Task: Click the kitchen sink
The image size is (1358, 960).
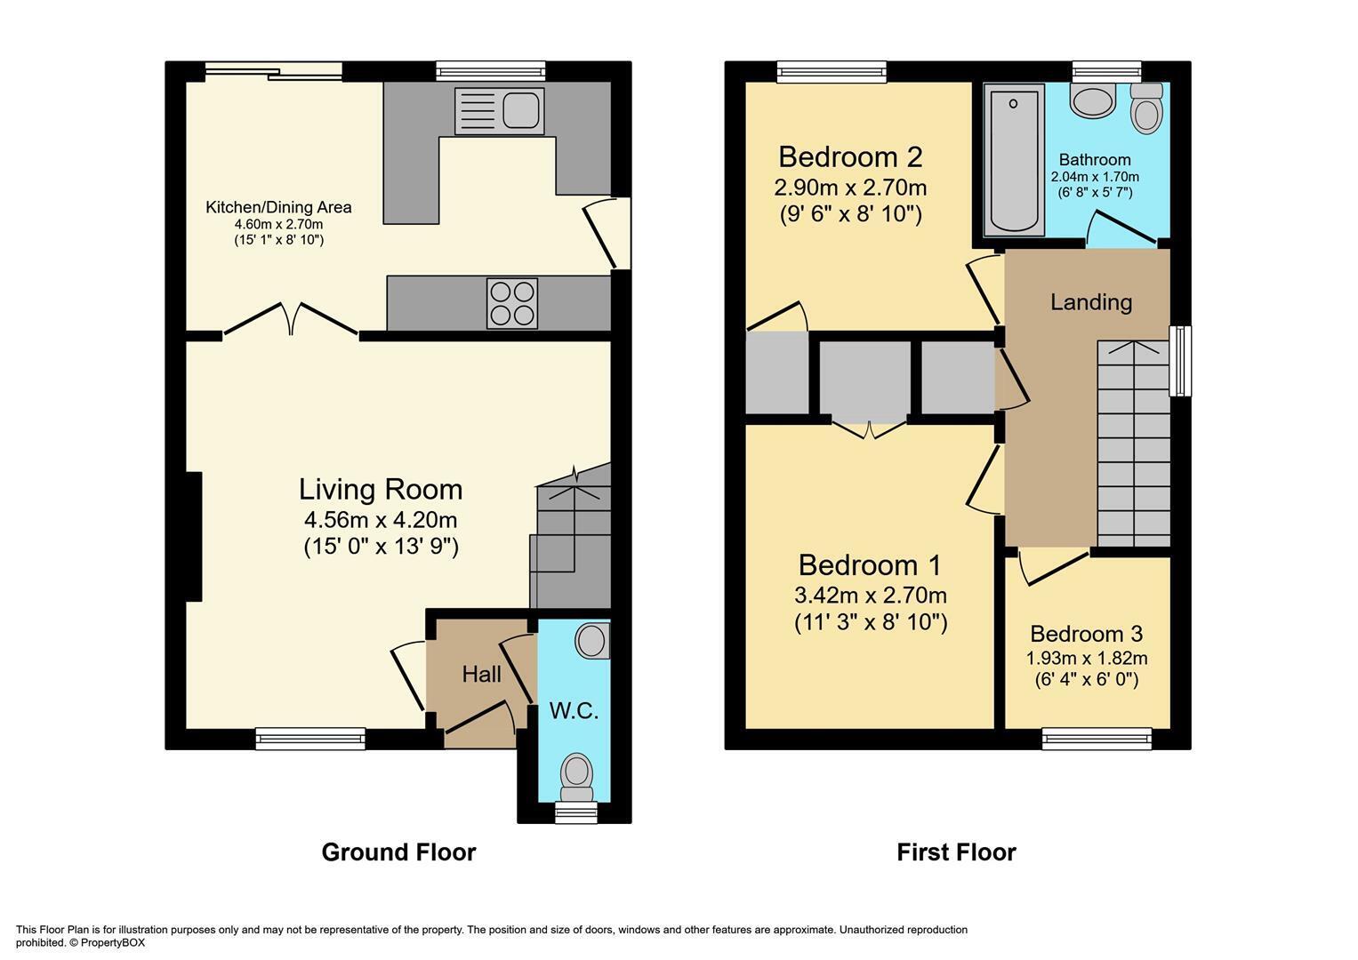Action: pos(499,111)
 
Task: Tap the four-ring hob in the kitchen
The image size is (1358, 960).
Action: pos(512,303)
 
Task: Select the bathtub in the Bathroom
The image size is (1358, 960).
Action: pos(1014,159)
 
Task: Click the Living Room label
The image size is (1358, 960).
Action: pos(381,489)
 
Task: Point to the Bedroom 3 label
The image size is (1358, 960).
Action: pos(1087,634)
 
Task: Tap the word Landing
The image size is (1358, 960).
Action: pos(1091,302)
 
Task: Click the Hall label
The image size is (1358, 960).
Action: pos(481,674)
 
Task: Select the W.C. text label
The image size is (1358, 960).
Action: pos(574,710)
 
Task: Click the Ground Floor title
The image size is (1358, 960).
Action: pos(398,852)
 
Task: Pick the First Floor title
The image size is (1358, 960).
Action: pos(956,852)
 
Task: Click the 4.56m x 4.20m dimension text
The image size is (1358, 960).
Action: pos(381,520)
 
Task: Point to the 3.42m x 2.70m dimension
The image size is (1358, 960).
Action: pos(871,596)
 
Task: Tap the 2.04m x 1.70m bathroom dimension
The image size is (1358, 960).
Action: pos(1095,177)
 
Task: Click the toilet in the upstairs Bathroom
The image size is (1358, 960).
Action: pos(1147,108)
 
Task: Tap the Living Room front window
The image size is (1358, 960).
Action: pos(310,739)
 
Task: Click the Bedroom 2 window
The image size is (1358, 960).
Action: pos(832,71)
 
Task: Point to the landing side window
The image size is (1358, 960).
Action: pos(1180,361)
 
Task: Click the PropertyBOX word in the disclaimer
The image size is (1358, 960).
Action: pos(113,942)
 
